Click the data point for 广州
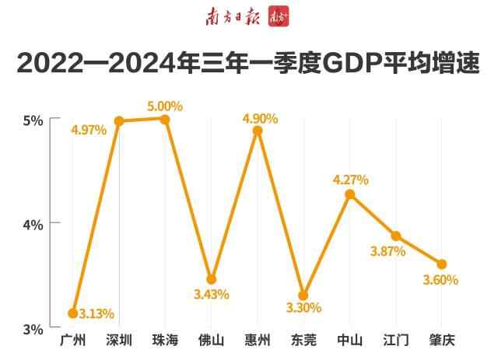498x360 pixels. point(72,313)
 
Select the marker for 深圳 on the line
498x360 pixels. point(119,121)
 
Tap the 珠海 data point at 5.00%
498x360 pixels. point(165,118)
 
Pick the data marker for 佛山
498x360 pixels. point(211,279)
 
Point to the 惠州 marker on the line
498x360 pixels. point(258,131)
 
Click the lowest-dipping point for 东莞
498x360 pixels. point(303,295)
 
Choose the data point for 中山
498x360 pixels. point(349,194)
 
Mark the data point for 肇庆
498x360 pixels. point(442,264)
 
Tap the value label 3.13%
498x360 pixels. point(96,314)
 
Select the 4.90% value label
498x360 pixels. point(261,118)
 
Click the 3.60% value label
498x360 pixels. point(440,279)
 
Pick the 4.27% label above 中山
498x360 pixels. point(350,180)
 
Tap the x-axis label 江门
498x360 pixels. point(396,341)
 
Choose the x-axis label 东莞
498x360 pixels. point(303,341)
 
